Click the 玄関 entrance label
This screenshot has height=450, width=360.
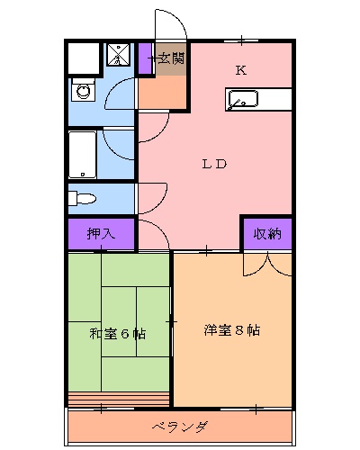click(172, 59)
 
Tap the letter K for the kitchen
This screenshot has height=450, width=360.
click(240, 69)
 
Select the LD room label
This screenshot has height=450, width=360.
click(213, 164)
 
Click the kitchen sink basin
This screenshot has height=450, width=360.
click(243, 99)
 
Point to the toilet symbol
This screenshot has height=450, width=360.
click(83, 197)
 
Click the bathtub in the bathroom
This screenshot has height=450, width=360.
click(83, 154)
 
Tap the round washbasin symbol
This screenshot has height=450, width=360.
click(84, 91)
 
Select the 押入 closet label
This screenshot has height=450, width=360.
click(101, 233)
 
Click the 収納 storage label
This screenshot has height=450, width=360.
click(266, 233)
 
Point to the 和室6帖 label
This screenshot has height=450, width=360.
click(118, 334)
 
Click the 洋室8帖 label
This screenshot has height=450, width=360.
click(231, 329)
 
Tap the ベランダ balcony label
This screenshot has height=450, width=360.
click(180, 426)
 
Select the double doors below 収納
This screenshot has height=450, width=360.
click(267, 263)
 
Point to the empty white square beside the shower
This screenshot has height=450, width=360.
click(84, 58)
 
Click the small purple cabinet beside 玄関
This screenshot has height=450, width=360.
click(147, 60)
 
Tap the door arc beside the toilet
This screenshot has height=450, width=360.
click(151, 196)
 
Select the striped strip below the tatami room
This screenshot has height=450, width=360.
click(118, 399)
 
